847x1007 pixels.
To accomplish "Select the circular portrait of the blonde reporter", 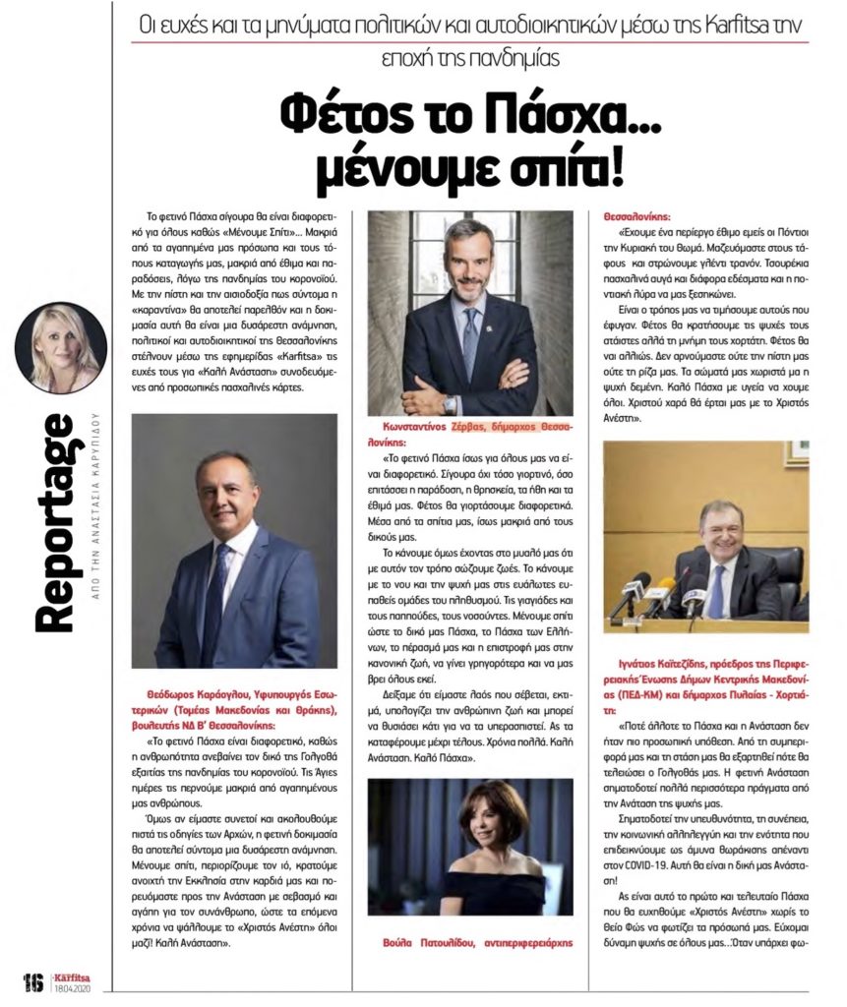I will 61,347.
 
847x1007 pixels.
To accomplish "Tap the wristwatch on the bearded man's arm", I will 450,402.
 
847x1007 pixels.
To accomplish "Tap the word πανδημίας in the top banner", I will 522,58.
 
